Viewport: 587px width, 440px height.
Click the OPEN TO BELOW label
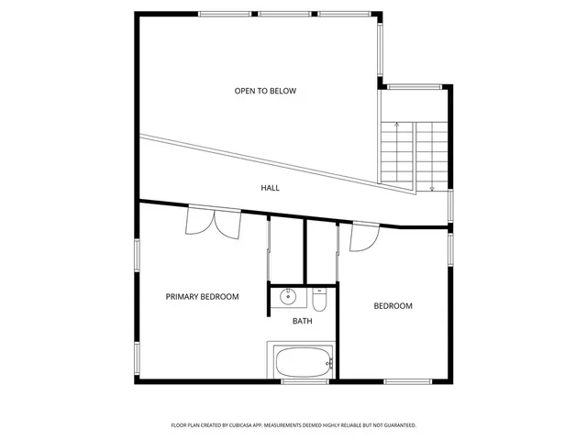(x=265, y=91)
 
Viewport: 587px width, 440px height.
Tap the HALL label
(x=270, y=188)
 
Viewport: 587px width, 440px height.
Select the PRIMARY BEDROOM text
(x=202, y=296)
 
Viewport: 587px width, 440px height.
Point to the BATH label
(x=303, y=321)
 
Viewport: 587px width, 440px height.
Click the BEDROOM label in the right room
(x=393, y=306)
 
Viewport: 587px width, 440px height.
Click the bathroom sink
(x=288, y=297)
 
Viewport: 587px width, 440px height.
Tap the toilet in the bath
(x=319, y=298)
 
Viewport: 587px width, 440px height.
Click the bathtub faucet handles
(x=330, y=363)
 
